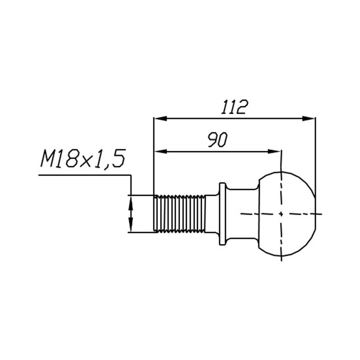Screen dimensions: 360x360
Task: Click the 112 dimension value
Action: click(235, 107)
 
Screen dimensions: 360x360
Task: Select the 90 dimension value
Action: click(218, 140)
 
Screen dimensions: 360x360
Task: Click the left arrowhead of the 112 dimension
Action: click(160, 118)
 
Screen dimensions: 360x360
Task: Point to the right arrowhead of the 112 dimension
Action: click(309, 118)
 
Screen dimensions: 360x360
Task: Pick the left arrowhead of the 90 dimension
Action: click(160, 151)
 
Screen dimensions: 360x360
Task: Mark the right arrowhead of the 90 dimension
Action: click(274, 151)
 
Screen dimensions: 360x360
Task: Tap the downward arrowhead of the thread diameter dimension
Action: click(131, 226)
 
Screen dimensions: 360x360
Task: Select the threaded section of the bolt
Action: click(179, 214)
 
